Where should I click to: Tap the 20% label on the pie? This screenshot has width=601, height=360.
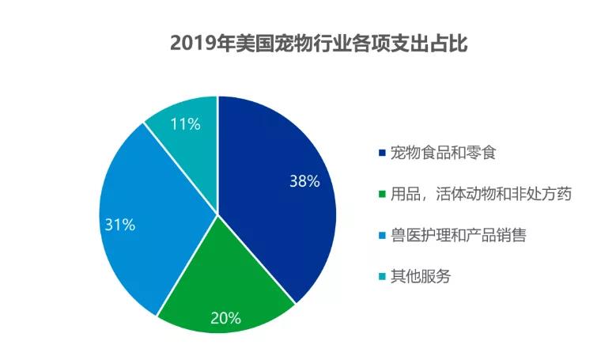point(225,319)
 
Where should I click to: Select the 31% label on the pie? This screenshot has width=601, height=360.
point(120,225)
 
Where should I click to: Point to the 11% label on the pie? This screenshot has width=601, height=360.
point(184,123)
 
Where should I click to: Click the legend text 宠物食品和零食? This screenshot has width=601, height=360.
point(443,152)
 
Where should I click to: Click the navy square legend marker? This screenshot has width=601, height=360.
point(383,152)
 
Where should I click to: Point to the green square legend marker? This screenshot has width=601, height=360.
point(383,193)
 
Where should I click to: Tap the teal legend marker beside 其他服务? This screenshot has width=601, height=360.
point(383,276)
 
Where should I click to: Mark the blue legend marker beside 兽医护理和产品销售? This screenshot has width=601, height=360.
point(383,235)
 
